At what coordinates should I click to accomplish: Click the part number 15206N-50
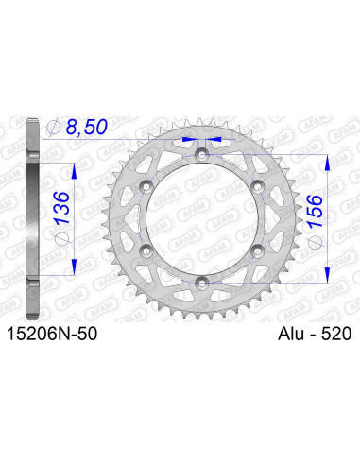click(x=55, y=333)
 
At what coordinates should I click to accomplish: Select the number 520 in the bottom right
click(x=334, y=333)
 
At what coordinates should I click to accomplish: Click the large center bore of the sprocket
click(x=201, y=216)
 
